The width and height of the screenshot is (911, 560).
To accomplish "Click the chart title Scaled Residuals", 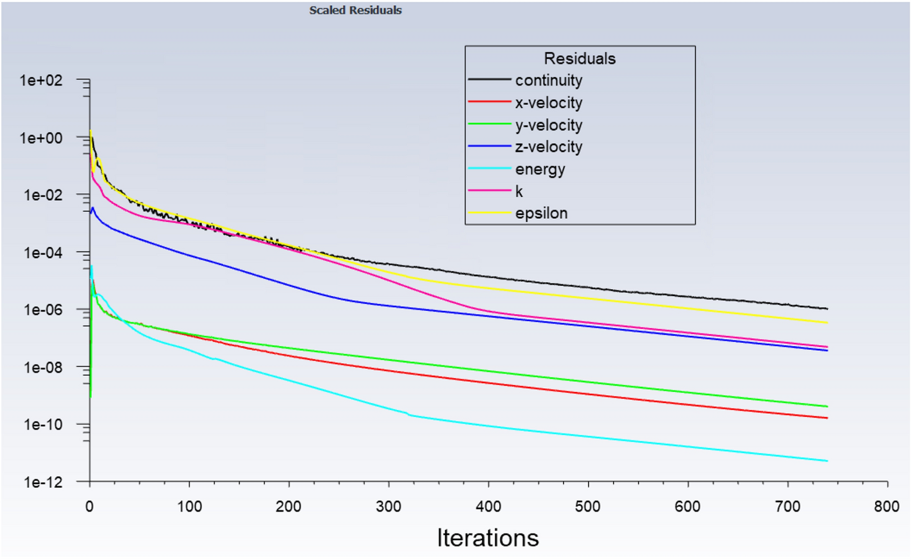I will [x=355, y=10].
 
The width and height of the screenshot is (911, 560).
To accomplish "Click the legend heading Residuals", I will [x=580, y=59].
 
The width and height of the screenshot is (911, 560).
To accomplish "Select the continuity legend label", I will [x=548, y=80].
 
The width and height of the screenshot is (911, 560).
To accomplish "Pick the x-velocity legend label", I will [x=548, y=103].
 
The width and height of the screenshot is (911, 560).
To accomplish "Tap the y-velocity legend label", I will [x=548, y=125].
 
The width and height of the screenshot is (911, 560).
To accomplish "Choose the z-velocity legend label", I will [x=548, y=147].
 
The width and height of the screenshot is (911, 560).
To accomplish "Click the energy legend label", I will [x=540, y=169].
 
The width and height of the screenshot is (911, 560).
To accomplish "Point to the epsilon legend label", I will [x=541, y=213].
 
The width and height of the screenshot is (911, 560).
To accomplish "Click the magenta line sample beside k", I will [x=489, y=191].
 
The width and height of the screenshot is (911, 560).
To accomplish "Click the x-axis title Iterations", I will [x=488, y=537].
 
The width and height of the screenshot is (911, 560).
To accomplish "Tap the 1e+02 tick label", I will [x=41, y=80].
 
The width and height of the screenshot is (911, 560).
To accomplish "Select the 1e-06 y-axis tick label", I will [x=43, y=310].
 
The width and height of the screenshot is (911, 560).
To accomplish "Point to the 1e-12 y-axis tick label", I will [x=43, y=482].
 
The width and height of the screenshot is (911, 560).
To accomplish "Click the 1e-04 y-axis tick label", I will [x=43, y=253].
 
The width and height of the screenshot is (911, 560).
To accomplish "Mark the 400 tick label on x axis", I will [x=488, y=507].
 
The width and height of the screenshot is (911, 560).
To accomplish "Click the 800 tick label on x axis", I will [x=887, y=507].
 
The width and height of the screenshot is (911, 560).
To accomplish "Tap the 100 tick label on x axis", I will [x=189, y=507].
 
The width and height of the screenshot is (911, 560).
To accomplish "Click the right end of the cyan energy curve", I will [x=827, y=461].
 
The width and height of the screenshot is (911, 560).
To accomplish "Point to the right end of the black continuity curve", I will [x=827, y=309].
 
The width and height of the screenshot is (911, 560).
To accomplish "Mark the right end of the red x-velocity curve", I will [x=827, y=418].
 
